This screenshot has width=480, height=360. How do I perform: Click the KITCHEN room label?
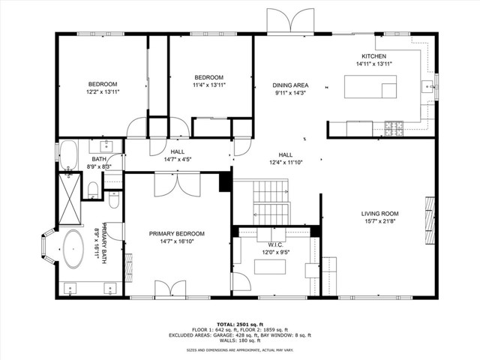(x=373, y=56)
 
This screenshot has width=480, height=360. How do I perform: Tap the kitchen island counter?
(x=370, y=88)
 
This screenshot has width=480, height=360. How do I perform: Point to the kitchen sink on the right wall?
(x=430, y=86)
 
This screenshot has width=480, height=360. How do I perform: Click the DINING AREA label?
(x=290, y=85)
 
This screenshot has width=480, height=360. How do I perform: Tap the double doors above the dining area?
(x=291, y=21)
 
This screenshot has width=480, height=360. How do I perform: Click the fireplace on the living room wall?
(x=430, y=216)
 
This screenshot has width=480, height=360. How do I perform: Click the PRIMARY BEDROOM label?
(x=176, y=234)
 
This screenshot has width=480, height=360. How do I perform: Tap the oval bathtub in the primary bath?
(x=73, y=249)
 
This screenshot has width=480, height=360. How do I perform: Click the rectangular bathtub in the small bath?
(x=68, y=154)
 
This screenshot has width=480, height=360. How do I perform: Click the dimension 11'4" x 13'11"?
(x=209, y=85)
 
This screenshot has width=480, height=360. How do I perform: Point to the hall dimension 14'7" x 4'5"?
(x=178, y=159)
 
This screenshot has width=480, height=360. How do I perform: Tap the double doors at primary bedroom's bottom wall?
(x=170, y=289)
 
